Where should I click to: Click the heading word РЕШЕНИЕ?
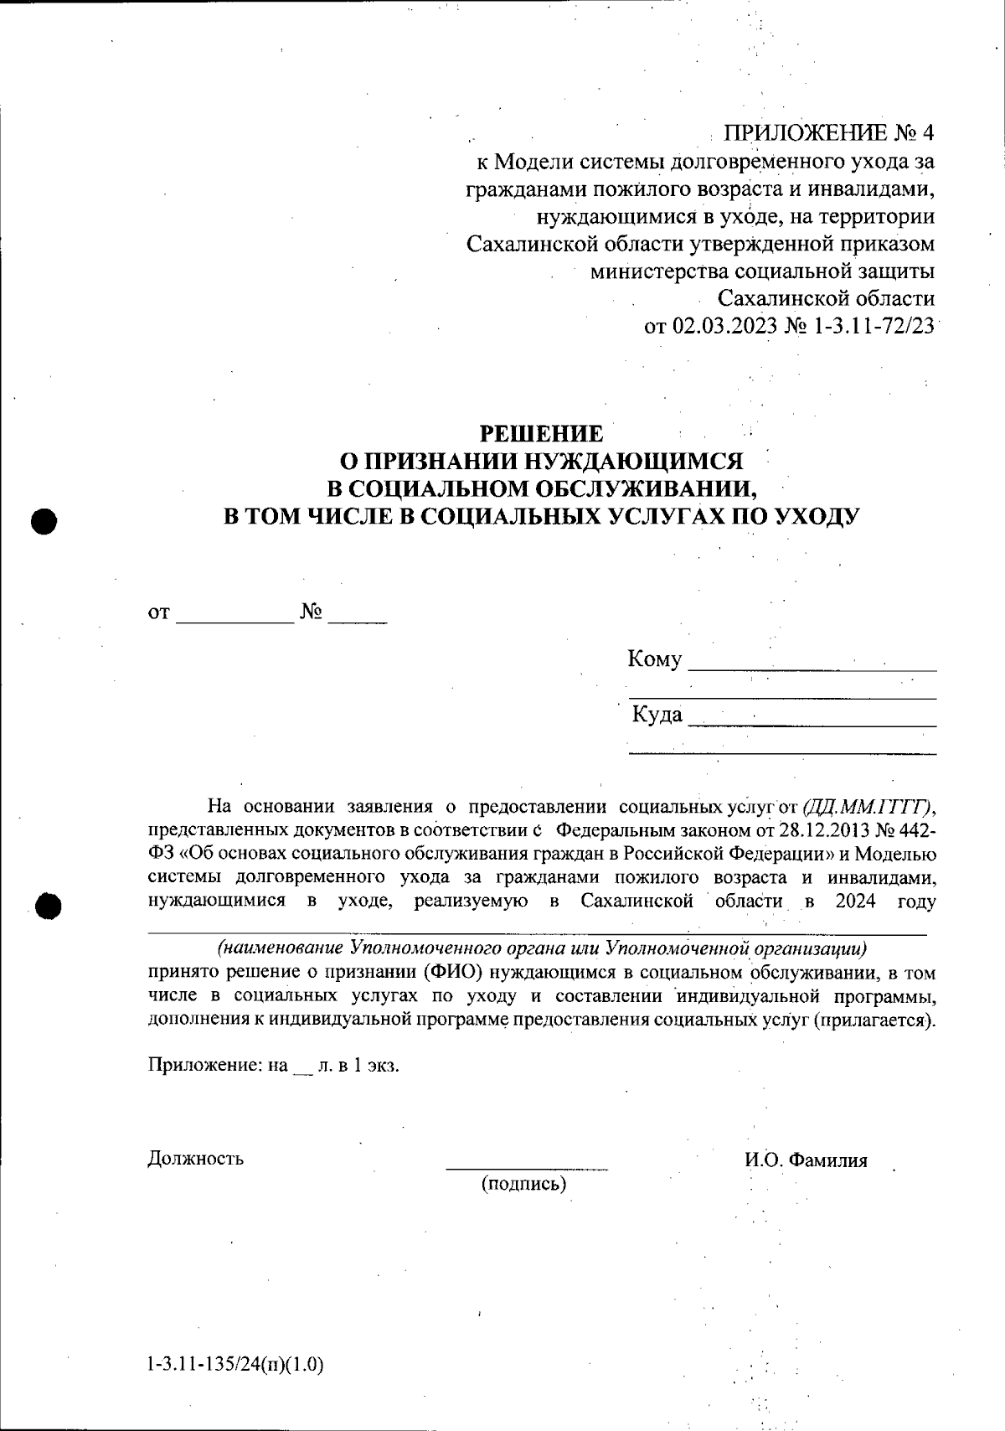click(x=540, y=433)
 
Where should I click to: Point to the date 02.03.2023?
click(x=725, y=326)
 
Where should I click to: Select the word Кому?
click(x=655, y=659)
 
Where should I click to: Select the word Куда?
click(x=657, y=715)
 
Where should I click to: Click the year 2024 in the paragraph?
click(x=854, y=901)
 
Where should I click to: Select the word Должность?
click(x=195, y=1159)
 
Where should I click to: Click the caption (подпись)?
click(x=524, y=1184)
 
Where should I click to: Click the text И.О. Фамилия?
click(x=805, y=1160)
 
